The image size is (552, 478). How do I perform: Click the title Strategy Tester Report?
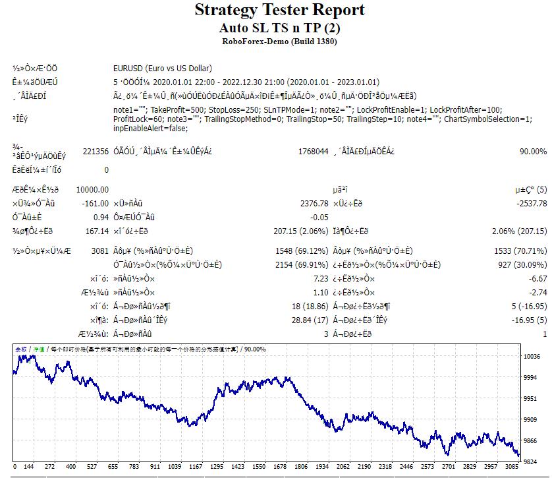click(x=279, y=10)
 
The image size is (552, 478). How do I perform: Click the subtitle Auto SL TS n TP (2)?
click(x=279, y=28)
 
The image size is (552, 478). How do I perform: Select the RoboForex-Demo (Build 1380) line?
click(x=279, y=42)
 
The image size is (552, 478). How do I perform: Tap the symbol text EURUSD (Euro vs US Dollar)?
click(x=163, y=69)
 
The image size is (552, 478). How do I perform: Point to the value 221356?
click(x=96, y=151)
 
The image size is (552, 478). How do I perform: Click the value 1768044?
click(x=314, y=151)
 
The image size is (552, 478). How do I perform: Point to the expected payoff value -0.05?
click(x=319, y=217)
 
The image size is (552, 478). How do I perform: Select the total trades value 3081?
click(x=99, y=251)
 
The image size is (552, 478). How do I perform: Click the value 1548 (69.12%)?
click(x=301, y=251)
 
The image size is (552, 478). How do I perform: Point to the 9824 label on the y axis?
click(x=531, y=462)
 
